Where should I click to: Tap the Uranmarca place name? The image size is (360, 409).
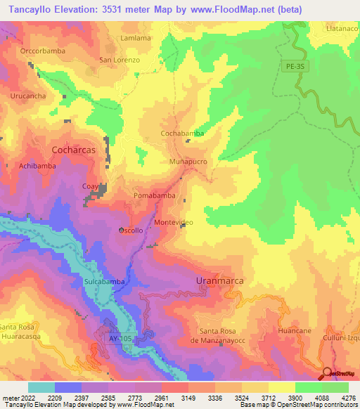pos(219,280)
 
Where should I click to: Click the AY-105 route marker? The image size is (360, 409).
pos(120,339)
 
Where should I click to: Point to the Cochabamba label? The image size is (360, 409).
pos(182,133)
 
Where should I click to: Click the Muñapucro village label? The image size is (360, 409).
pos(188,162)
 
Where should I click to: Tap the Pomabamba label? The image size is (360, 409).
pos(154,195)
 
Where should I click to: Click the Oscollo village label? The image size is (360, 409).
pos(131,231)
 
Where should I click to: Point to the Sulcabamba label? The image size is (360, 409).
pos(105,281)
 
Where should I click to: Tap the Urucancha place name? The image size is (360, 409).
pos(29,95)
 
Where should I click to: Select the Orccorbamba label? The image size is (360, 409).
pos(43,51)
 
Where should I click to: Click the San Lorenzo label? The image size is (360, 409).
pos(120,60)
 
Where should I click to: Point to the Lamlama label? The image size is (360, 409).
pos(136,38)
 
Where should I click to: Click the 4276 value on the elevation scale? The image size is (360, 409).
pos(349,398)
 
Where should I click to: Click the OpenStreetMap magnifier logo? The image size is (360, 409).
pos(327,373)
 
